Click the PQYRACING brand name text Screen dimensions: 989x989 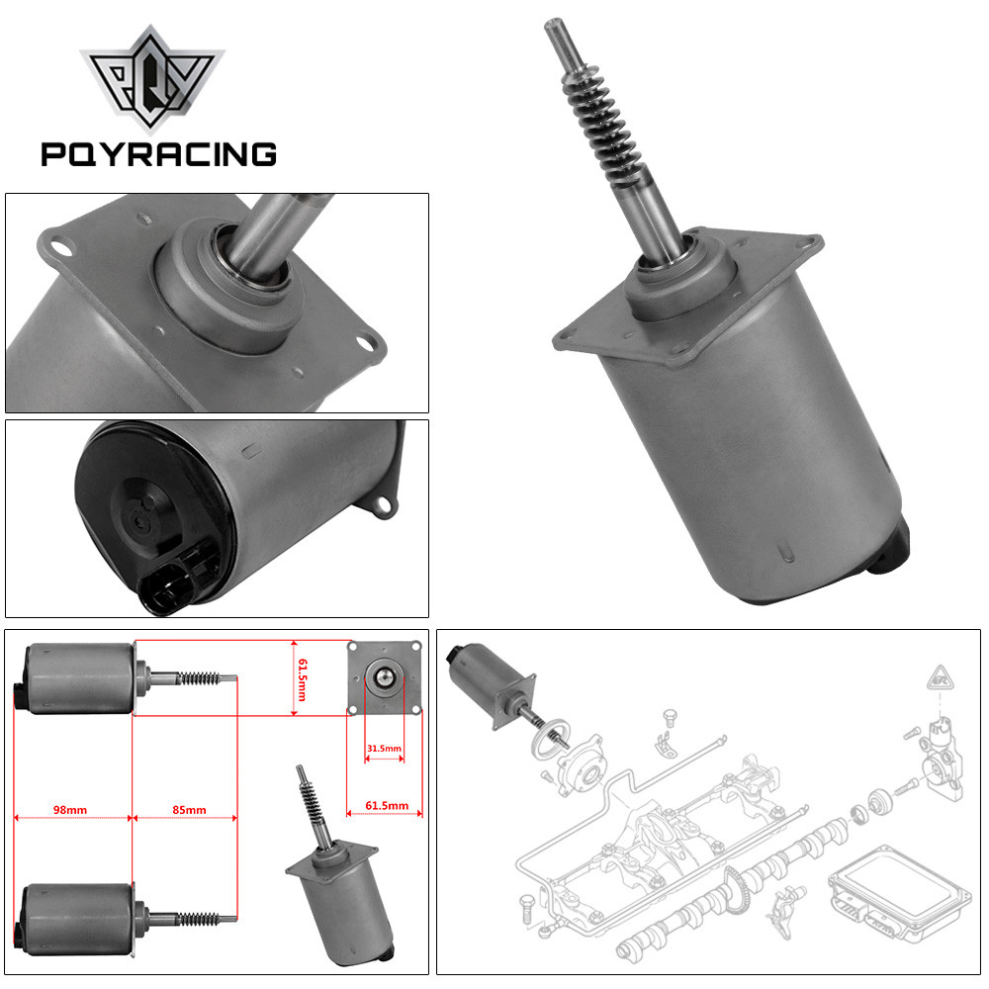point(158,153)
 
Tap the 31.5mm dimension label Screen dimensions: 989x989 point(384,748)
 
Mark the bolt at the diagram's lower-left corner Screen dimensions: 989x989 point(525,902)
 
